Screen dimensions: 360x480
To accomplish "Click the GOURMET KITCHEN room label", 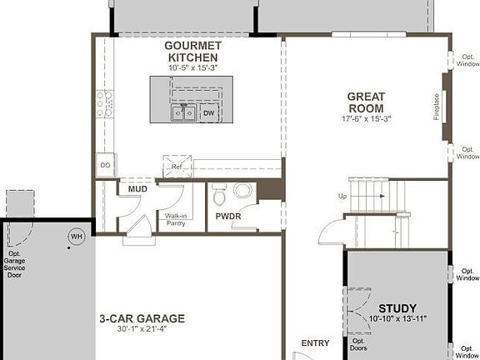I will pyautogui.click(x=192, y=51).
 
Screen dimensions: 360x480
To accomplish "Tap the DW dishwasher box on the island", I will pyautogui.click(x=208, y=112).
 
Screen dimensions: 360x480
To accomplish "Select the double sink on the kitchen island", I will pyautogui.click(x=183, y=112).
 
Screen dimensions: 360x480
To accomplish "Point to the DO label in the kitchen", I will pyautogui.click(x=106, y=165).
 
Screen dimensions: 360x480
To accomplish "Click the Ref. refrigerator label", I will pyautogui.click(x=177, y=167).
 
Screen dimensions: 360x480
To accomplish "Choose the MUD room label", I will pyautogui.click(x=137, y=189).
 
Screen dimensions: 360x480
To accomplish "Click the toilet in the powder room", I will pyautogui.click(x=220, y=196).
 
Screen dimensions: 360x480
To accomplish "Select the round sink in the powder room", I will pyautogui.click(x=242, y=191).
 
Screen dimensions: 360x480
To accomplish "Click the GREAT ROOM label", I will pyautogui.click(x=366, y=102).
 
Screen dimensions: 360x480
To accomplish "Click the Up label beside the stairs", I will pyautogui.click(x=342, y=197).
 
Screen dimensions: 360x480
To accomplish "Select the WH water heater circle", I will pyautogui.click(x=77, y=237).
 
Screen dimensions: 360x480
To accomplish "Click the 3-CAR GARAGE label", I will pyautogui.click(x=142, y=318).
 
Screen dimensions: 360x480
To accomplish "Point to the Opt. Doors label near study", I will pyautogui.click(x=358, y=345).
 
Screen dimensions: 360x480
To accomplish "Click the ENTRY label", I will pyautogui.click(x=315, y=342).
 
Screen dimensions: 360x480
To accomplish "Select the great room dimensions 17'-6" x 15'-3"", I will pyautogui.click(x=366, y=118).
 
